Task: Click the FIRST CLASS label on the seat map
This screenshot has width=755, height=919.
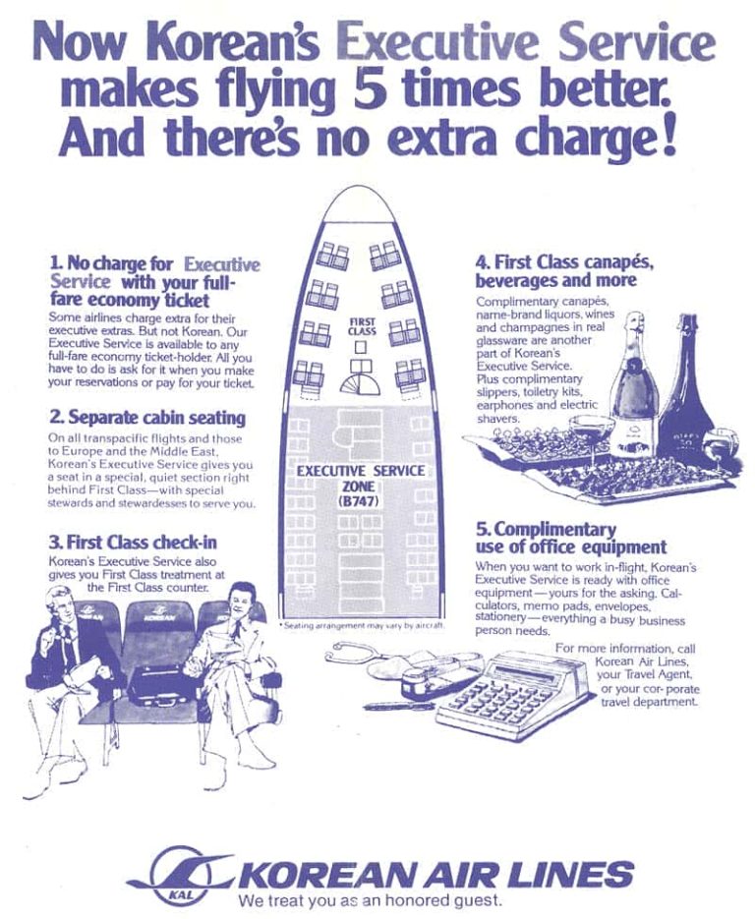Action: pos(362,326)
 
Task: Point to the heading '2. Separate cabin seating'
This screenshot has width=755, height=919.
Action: pos(147,418)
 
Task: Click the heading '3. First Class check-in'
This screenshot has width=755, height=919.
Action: pos(133,542)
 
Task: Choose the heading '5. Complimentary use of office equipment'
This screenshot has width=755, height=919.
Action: pos(571,538)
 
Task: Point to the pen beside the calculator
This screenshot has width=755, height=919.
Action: pos(399,707)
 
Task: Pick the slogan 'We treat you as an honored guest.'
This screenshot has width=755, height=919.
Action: pos(370,900)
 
